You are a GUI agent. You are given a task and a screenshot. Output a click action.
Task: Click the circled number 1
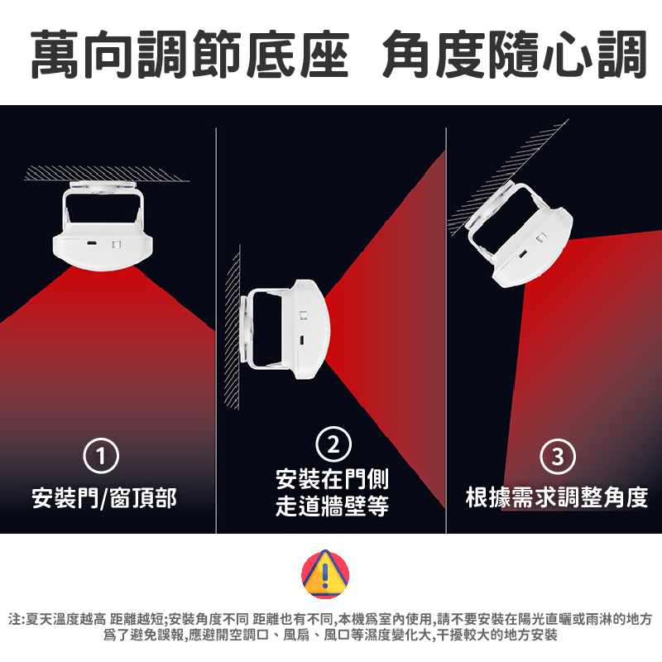pyautogui.click(x=101, y=456)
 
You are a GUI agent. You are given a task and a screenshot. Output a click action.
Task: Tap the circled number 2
pyautogui.click(x=333, y=444)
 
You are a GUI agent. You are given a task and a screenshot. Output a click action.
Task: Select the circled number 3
pyautogui.click(x=558, y=457)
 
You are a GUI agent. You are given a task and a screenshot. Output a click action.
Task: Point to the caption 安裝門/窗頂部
pyautogui.click(x=104, y=498)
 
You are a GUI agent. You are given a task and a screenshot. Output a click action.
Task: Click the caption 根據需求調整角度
pyautogui.click(x=557, y=497)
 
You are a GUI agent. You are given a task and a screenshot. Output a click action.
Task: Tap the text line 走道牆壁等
pyautogui.click(x=332, y=506)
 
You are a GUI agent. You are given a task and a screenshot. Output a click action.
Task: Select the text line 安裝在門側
pyautogui.click(x=332, y=479)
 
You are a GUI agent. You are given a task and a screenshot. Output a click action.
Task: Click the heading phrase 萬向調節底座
pyautogui.click(x=190, y=54)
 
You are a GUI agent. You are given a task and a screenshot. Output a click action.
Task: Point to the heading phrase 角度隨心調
pyautogui.click(x=515, y=54)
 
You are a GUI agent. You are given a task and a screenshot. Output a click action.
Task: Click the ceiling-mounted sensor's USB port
pyautogui.click(x=91, y=242)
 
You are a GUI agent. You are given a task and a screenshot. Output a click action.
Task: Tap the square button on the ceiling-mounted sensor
pyautogui.click(x=116, y=244)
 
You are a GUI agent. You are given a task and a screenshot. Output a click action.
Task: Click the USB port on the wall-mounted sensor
pyautogui.click(x=302, y=340)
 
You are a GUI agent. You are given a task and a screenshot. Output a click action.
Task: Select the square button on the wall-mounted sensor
pyautogui.click(x=303, y=315)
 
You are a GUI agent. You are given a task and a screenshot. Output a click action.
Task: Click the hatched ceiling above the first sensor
pyautogui.click(x=107, y=174)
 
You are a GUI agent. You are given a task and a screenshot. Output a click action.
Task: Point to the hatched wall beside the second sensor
pyautogui.click(x=233, y=327)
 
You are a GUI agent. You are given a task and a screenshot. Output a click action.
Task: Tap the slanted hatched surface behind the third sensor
pyautogui.click(x=506, y=177)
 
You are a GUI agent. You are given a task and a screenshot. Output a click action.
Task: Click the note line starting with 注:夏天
pyautogui.click(x=330, y=619)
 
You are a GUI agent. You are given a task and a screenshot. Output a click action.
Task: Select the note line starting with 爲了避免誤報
pyautogui.click(x=330, y=635)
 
